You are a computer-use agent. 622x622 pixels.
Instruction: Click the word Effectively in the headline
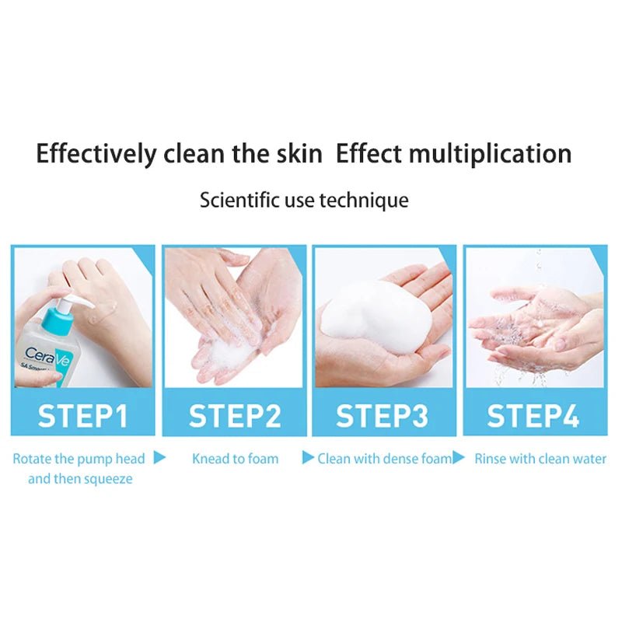[96, 153]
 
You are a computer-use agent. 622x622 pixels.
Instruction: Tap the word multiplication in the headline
[491, 153]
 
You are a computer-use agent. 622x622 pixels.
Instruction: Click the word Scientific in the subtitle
[237, 201]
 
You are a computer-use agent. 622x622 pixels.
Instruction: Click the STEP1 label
[82, 416]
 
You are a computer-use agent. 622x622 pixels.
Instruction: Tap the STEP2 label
[235, 416]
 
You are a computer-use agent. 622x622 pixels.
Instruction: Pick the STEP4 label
[533, 416]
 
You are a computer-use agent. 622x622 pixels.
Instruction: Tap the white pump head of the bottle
[61, 299]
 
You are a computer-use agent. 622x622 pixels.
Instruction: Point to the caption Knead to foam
[235, 459]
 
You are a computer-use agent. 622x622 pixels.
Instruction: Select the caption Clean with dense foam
[384, 459]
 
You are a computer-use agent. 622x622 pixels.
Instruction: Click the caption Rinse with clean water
[540, 459]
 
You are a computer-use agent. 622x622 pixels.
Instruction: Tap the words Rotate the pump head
[79, 459]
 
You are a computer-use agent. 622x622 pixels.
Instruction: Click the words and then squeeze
[80, 479]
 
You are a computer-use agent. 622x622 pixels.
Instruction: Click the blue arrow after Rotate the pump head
[159, 457]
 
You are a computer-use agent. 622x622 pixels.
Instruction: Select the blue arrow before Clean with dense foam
[308, 457]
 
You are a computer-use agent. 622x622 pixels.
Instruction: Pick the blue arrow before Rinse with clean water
[459, 457]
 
